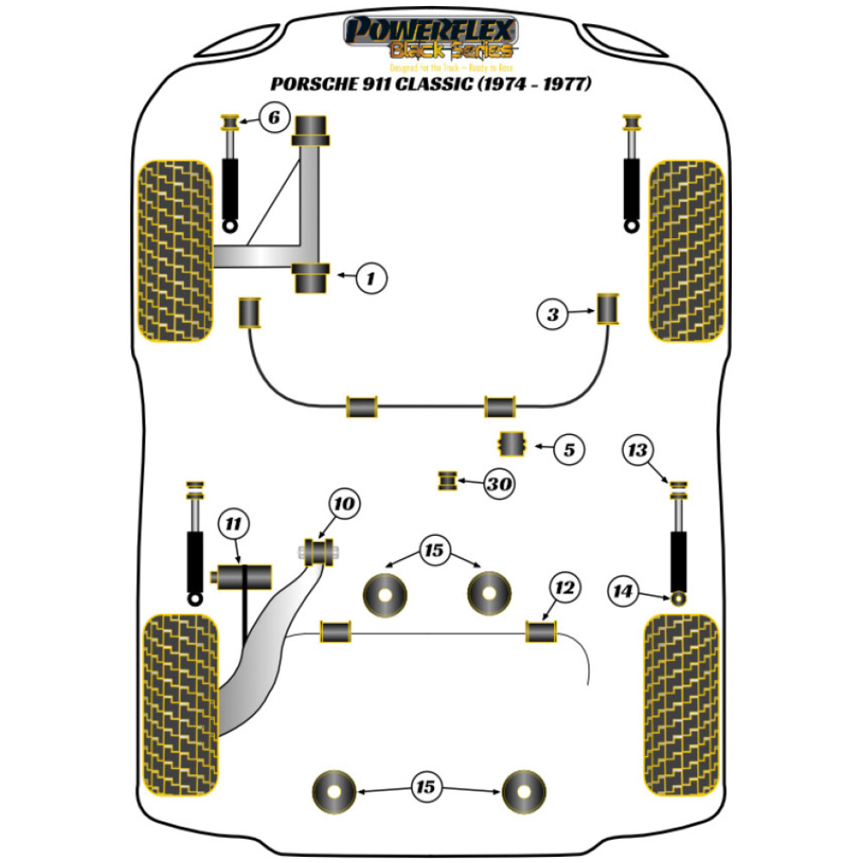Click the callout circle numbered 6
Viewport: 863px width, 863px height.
click(x=273, y=117)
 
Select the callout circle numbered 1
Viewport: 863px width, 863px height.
click(x=369, y=277)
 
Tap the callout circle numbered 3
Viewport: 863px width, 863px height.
click(x=552, y=315)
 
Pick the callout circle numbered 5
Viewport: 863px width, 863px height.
click(x=570, y=449)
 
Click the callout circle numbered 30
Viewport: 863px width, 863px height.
click(x=498, y=485)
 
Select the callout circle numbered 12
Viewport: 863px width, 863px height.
click(x=564, y=589)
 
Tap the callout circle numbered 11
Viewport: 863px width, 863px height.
click(x=234, y=523)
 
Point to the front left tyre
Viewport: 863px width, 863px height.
click(x=176, y=251)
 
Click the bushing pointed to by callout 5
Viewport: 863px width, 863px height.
click(x=514, y=444)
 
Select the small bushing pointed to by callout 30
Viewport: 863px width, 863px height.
click(x=447, y=481)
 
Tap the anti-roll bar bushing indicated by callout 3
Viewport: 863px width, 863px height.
click(x=609, y=310)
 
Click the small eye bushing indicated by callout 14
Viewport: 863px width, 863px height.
click(x=679, y=596)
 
